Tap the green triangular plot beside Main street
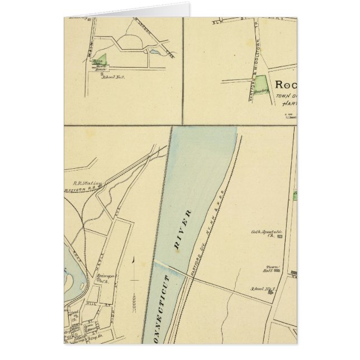point(98,60)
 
